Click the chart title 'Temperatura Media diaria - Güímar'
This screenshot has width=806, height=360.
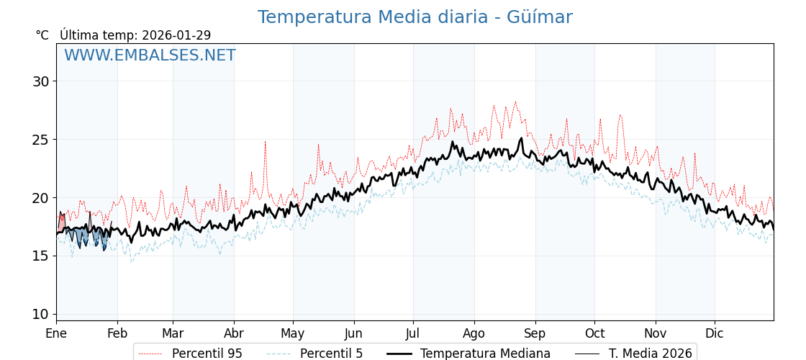click(415, 17)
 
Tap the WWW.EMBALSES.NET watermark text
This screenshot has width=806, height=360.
click(150, 55)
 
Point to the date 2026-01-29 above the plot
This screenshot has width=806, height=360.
click(176, 35)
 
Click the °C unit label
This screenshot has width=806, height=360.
click(42, 35)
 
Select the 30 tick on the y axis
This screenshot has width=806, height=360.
click(40, 81)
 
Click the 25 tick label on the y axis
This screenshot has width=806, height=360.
click(40, 140)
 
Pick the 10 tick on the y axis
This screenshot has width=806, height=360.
click(40, 314)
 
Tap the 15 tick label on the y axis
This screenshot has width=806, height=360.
click(40, 256)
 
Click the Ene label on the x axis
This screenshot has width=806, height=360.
click(56, 333)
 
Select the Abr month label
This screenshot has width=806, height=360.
click(234, 333)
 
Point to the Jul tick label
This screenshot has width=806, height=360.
click(413, 333)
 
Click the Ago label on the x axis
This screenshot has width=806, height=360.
click(474, 333)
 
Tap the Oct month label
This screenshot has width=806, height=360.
click(594, 333)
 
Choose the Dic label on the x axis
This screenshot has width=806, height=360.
click(715, 333)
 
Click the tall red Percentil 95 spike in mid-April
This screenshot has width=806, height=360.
click(265, 143)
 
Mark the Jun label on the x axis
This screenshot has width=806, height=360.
click(354, 333)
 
